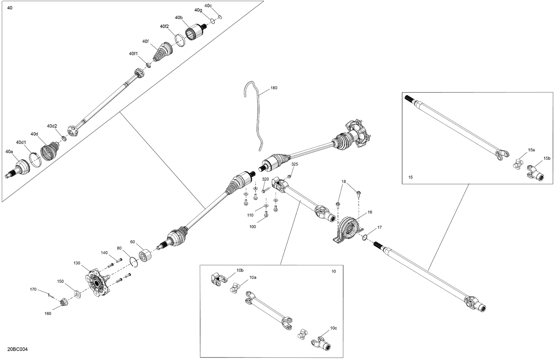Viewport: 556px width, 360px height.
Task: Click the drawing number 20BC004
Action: (17, 350)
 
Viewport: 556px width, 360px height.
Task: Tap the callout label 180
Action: (274, 88)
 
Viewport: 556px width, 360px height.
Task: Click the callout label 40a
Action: (9, 151)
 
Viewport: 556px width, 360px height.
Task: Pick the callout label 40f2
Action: (165, 26)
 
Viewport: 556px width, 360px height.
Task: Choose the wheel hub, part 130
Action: (97, 284)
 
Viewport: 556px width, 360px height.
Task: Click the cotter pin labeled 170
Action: (51, 295)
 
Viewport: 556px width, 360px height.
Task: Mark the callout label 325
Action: (294, 164)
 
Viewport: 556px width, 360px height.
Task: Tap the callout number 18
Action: (344, 181)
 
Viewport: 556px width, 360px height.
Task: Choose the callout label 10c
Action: (333, 328)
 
